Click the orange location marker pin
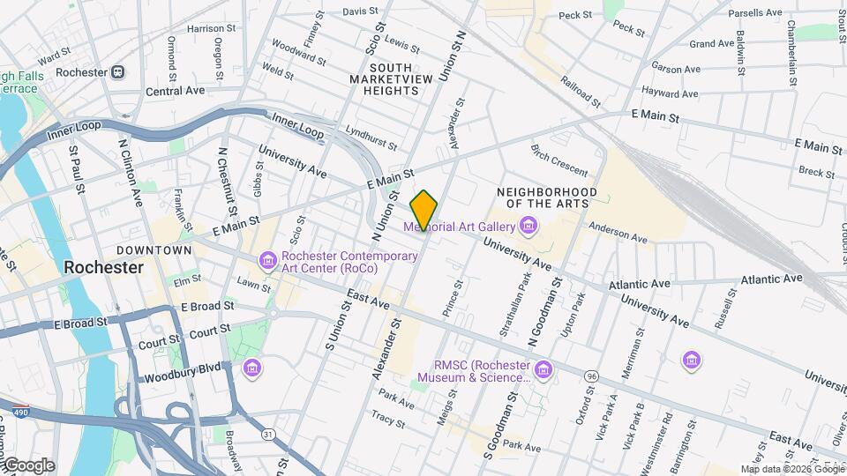423,210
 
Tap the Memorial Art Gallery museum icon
528,227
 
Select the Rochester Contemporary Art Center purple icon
267,262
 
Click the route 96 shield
589,376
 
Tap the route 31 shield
267,434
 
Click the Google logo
28,465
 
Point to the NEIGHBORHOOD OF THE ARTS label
546,198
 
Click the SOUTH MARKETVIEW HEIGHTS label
394,79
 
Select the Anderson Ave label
618,231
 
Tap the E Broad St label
206,306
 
